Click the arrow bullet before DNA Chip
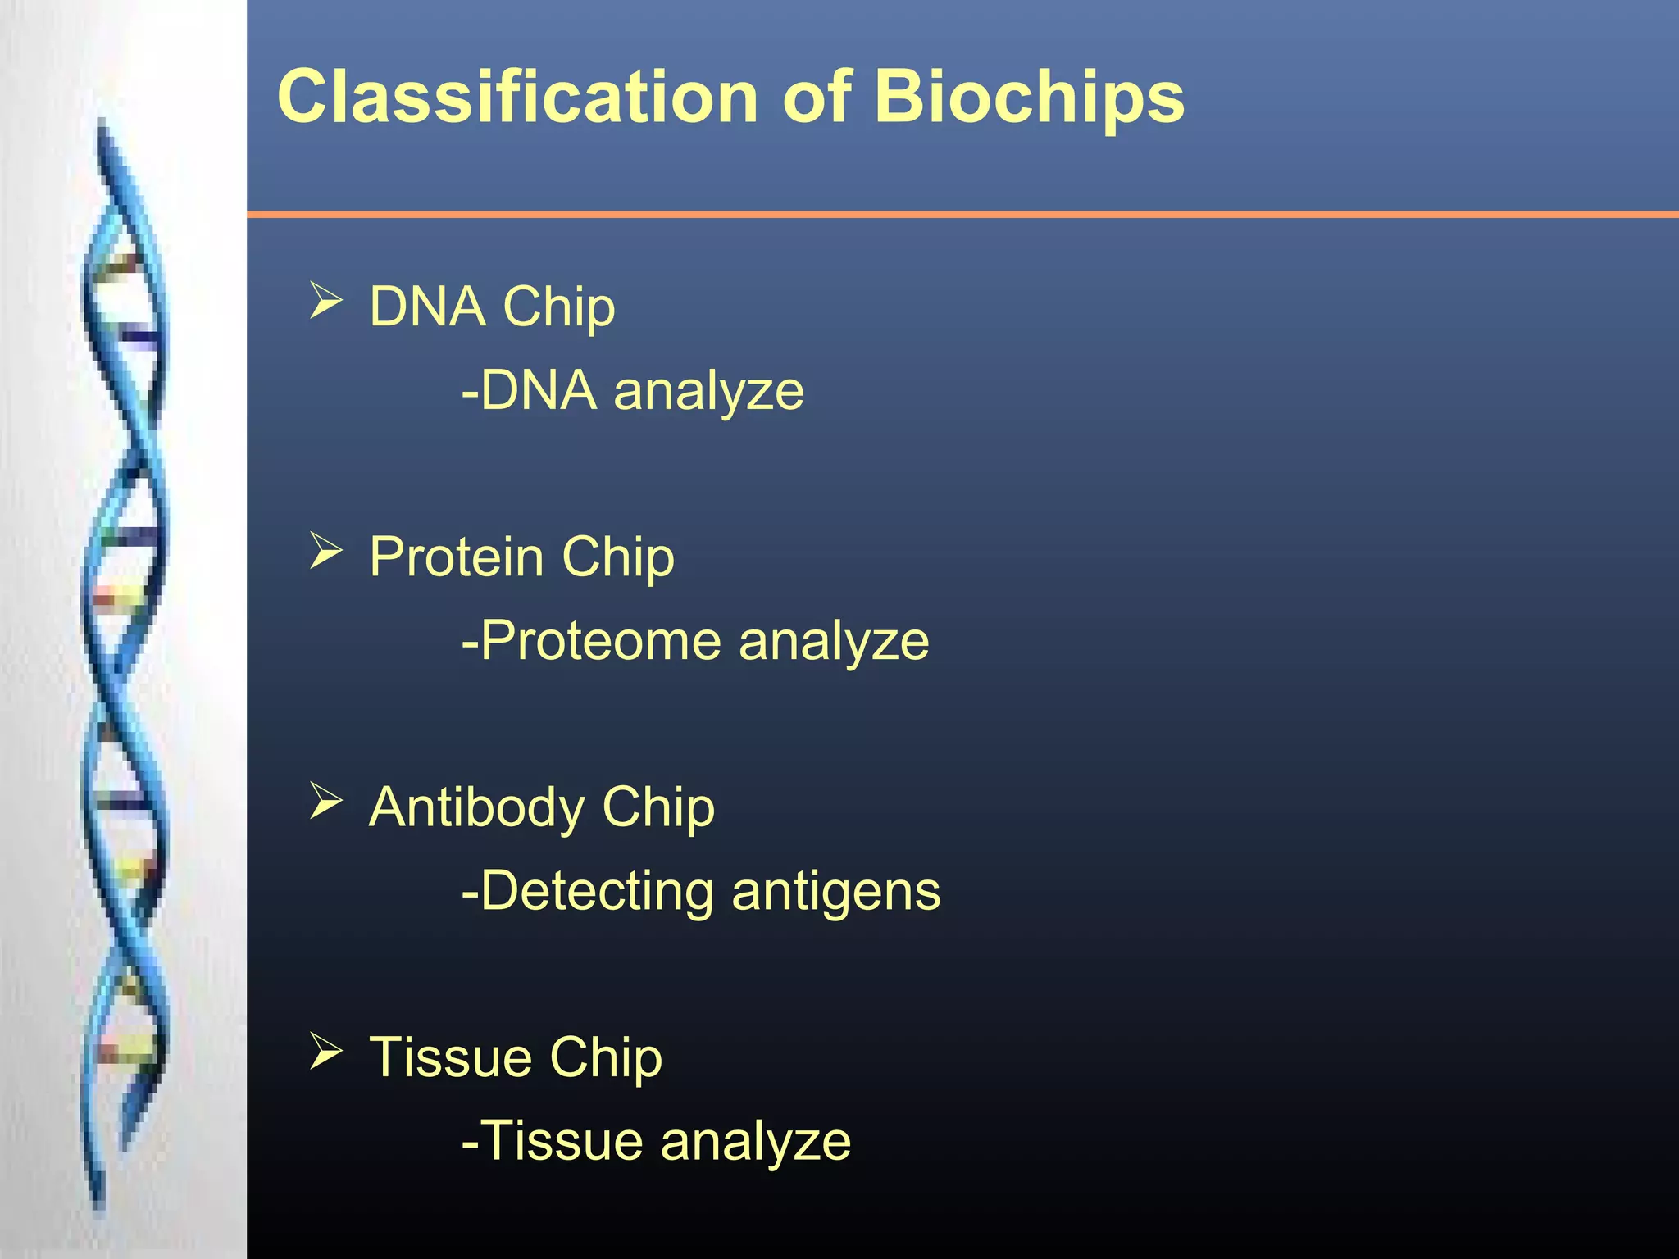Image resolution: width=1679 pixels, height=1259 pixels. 325,301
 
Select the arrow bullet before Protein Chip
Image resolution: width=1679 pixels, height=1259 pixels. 325,551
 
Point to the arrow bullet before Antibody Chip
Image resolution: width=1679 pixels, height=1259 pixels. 325,801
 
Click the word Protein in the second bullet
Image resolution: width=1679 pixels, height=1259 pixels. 456,557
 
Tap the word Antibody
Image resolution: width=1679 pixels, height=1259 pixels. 475,807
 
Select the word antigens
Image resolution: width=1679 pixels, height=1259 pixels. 835,891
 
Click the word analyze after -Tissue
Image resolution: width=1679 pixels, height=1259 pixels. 755,1141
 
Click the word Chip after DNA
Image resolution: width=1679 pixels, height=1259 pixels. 558,307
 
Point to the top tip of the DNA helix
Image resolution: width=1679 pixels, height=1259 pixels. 102,123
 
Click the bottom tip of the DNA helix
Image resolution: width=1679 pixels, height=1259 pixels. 99,1205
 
